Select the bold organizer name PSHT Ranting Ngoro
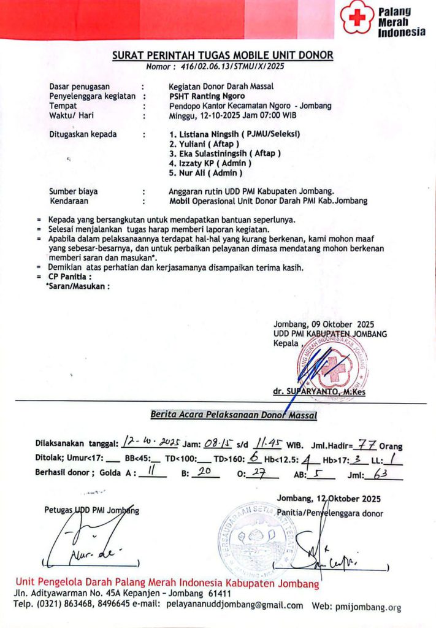click(207, 96)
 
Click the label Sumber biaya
click(73, 191)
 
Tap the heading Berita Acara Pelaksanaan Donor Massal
click(234, 415)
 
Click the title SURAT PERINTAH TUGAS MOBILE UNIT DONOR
click(223, 55)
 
